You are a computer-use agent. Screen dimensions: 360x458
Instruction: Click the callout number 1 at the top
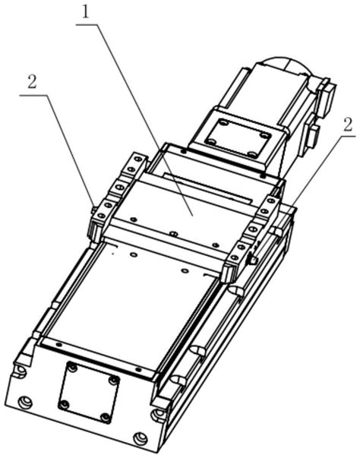click(85, 13)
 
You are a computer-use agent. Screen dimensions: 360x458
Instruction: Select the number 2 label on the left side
click(32, 82)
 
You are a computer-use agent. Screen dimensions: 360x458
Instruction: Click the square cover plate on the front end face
click(89, 393)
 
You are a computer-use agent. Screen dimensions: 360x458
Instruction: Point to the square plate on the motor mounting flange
click(238, 137)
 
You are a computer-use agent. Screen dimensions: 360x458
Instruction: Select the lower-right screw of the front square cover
click(106, 418)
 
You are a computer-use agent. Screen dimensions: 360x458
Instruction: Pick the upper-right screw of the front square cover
click(114, 381)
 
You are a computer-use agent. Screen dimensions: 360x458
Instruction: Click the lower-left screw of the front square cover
click(64, 405)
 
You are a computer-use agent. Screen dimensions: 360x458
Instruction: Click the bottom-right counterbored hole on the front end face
click(140, 438)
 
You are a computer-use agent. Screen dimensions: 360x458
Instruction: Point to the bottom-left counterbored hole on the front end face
click(25, 403)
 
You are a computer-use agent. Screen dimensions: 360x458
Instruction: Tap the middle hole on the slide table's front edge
click(174, 234)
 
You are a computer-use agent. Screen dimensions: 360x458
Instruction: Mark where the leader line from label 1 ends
click(192, 216)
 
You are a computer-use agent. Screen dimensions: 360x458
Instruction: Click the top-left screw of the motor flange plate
click(223, 123)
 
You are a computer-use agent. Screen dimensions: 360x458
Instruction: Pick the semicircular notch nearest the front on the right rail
click(178, 381)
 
